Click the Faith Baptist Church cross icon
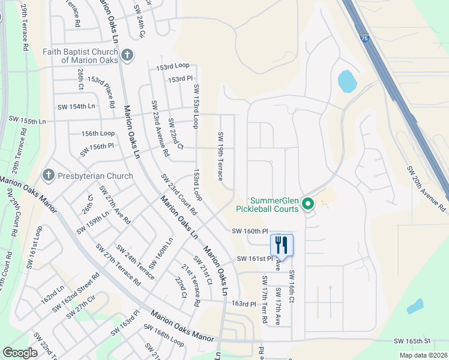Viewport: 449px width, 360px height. (x=127, y=56)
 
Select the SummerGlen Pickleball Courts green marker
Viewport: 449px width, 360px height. (x=308, y=205)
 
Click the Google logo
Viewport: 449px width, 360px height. (x=20, y=353)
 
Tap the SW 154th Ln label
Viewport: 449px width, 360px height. (x=76, y=106)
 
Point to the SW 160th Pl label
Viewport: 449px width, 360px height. (x=249, y=231)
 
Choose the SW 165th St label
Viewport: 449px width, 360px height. (x=412, y=341)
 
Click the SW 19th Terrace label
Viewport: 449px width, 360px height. (x=221, y=156)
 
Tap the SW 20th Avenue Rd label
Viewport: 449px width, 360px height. (x=426, y=188)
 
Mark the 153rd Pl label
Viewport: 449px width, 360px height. (x=180, y=79)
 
